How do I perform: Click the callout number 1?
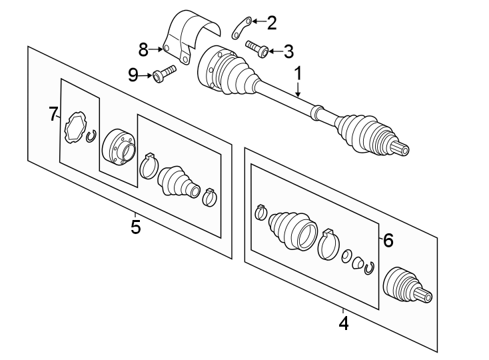coord(298,73)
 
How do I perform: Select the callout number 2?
coord(271,23)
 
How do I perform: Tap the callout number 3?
coord(287,51)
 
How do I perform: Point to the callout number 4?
coord(343,324)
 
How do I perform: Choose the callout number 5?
coord(136,227)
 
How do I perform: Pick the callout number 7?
coord(54,115)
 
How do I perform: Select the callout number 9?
coord(133,75)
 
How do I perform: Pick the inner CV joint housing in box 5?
coord(119,146)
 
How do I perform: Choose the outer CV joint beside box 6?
coord(406,285)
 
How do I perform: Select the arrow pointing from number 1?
coord(298,90)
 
